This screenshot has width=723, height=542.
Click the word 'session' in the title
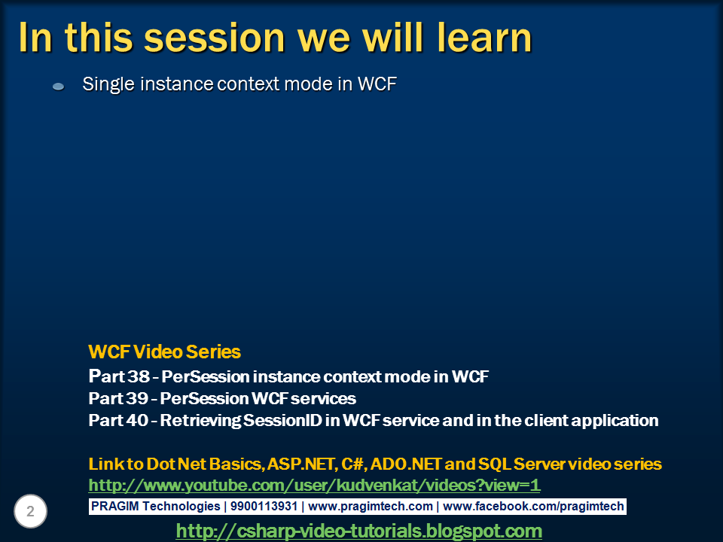point(215,38)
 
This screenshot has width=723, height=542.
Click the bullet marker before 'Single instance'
point(59,86)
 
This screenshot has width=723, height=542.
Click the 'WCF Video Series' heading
point(164,352)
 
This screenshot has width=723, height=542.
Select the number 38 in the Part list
point(139,376)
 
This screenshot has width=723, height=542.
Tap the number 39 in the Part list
point(137,398)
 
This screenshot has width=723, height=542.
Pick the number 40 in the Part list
point(137,420)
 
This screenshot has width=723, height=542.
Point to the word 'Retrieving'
point(200,421)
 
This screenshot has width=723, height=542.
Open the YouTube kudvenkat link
point(314,486)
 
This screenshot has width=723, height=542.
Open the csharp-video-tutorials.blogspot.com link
point(358,531)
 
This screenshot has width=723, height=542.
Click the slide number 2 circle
point(30,511)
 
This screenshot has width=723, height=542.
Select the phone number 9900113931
point(264,506)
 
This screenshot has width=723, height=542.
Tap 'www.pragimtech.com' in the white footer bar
point(371,507)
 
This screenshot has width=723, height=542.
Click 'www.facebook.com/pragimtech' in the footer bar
point(533,507)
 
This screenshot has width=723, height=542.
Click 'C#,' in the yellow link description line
point(353,464)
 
